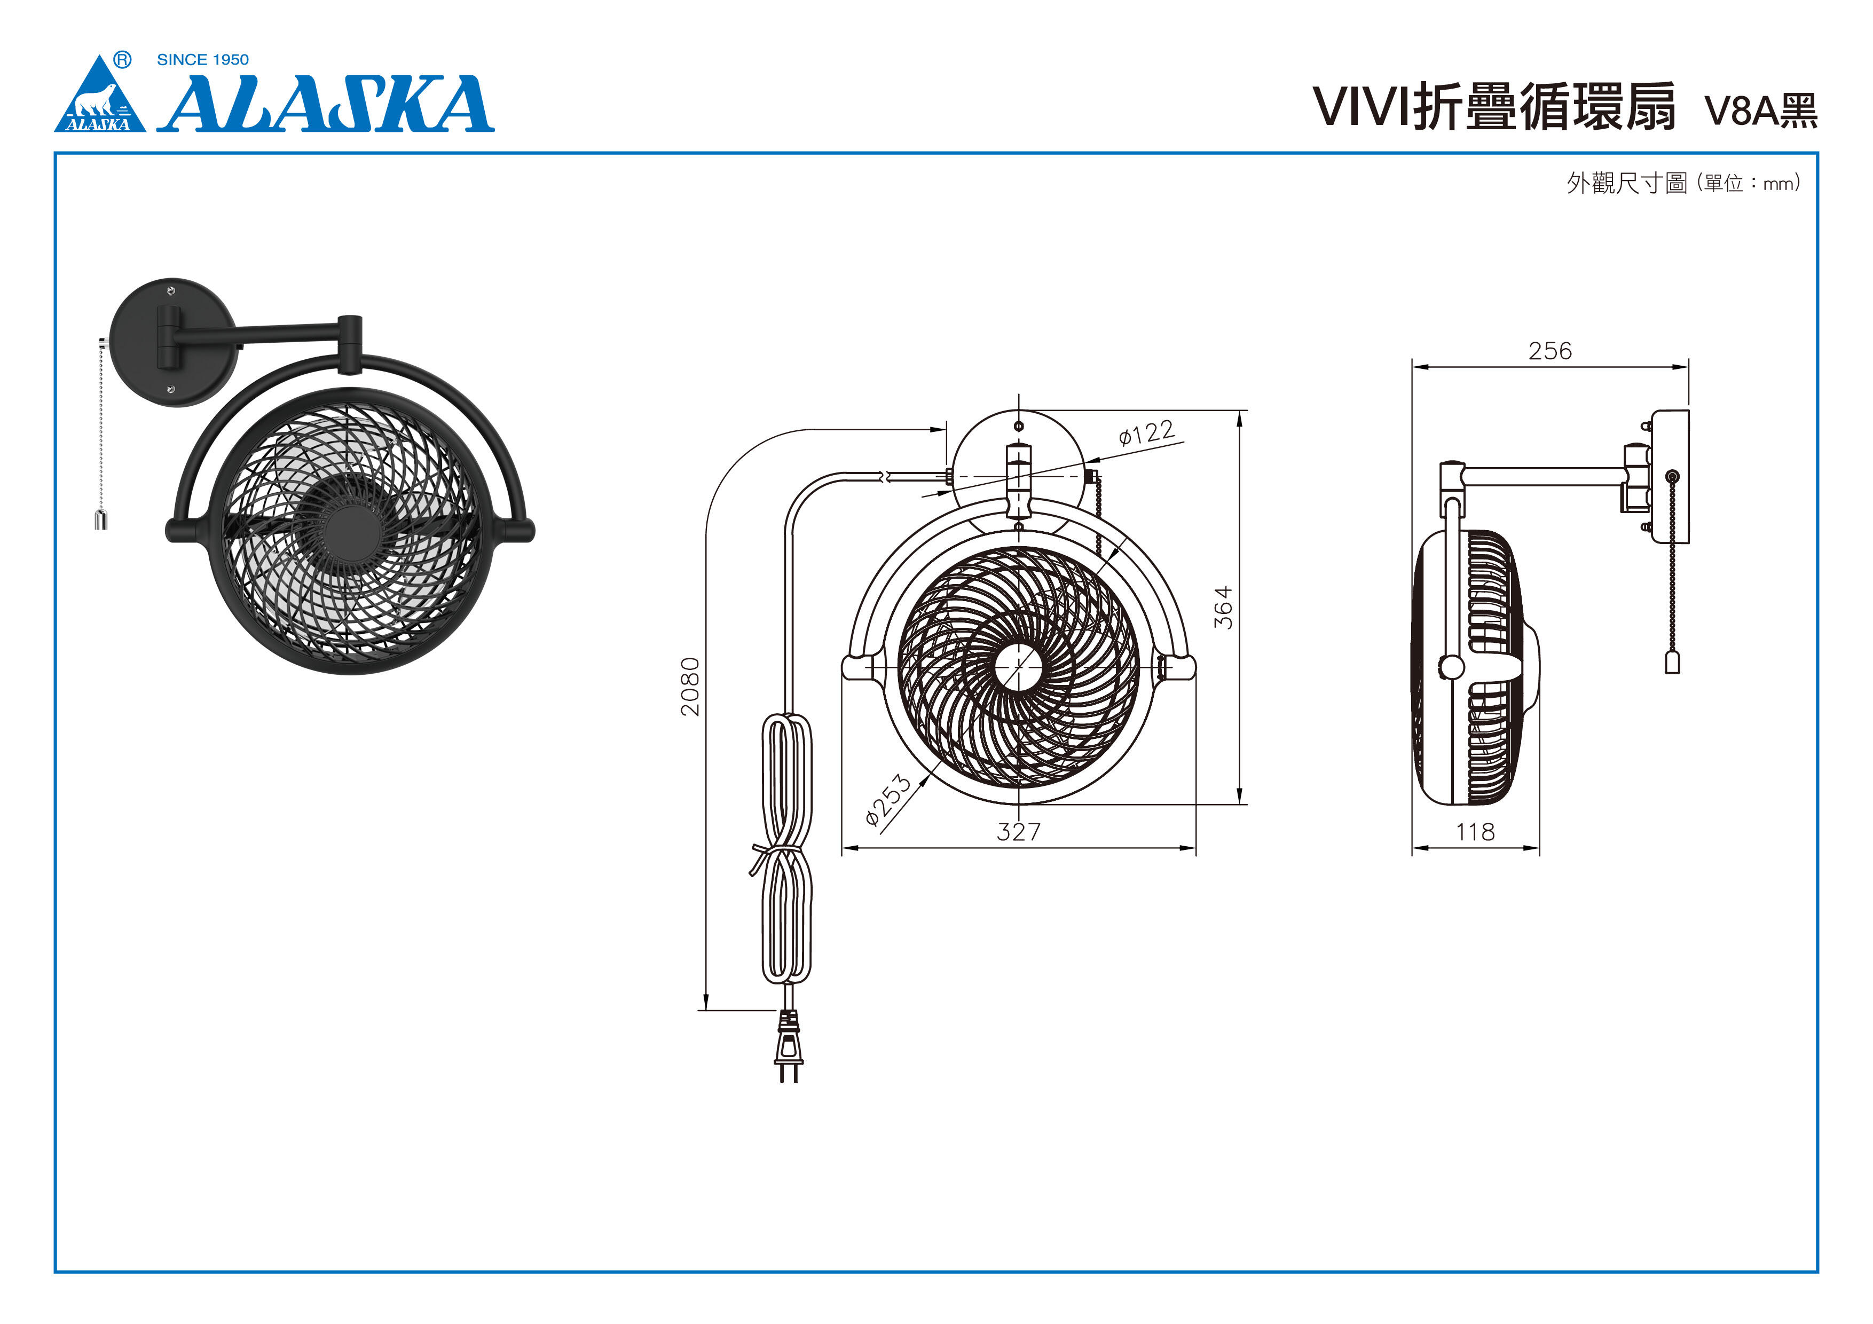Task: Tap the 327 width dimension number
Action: [1018, 832]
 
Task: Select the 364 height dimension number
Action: [1223, 608]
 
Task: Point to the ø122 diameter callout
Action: [1146, 432]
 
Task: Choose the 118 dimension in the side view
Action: [1475, 832]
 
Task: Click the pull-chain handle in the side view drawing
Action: [1672, 663]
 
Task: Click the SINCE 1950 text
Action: [202, 60]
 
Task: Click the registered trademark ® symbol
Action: [122, 60]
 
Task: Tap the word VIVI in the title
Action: [1360, 107]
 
